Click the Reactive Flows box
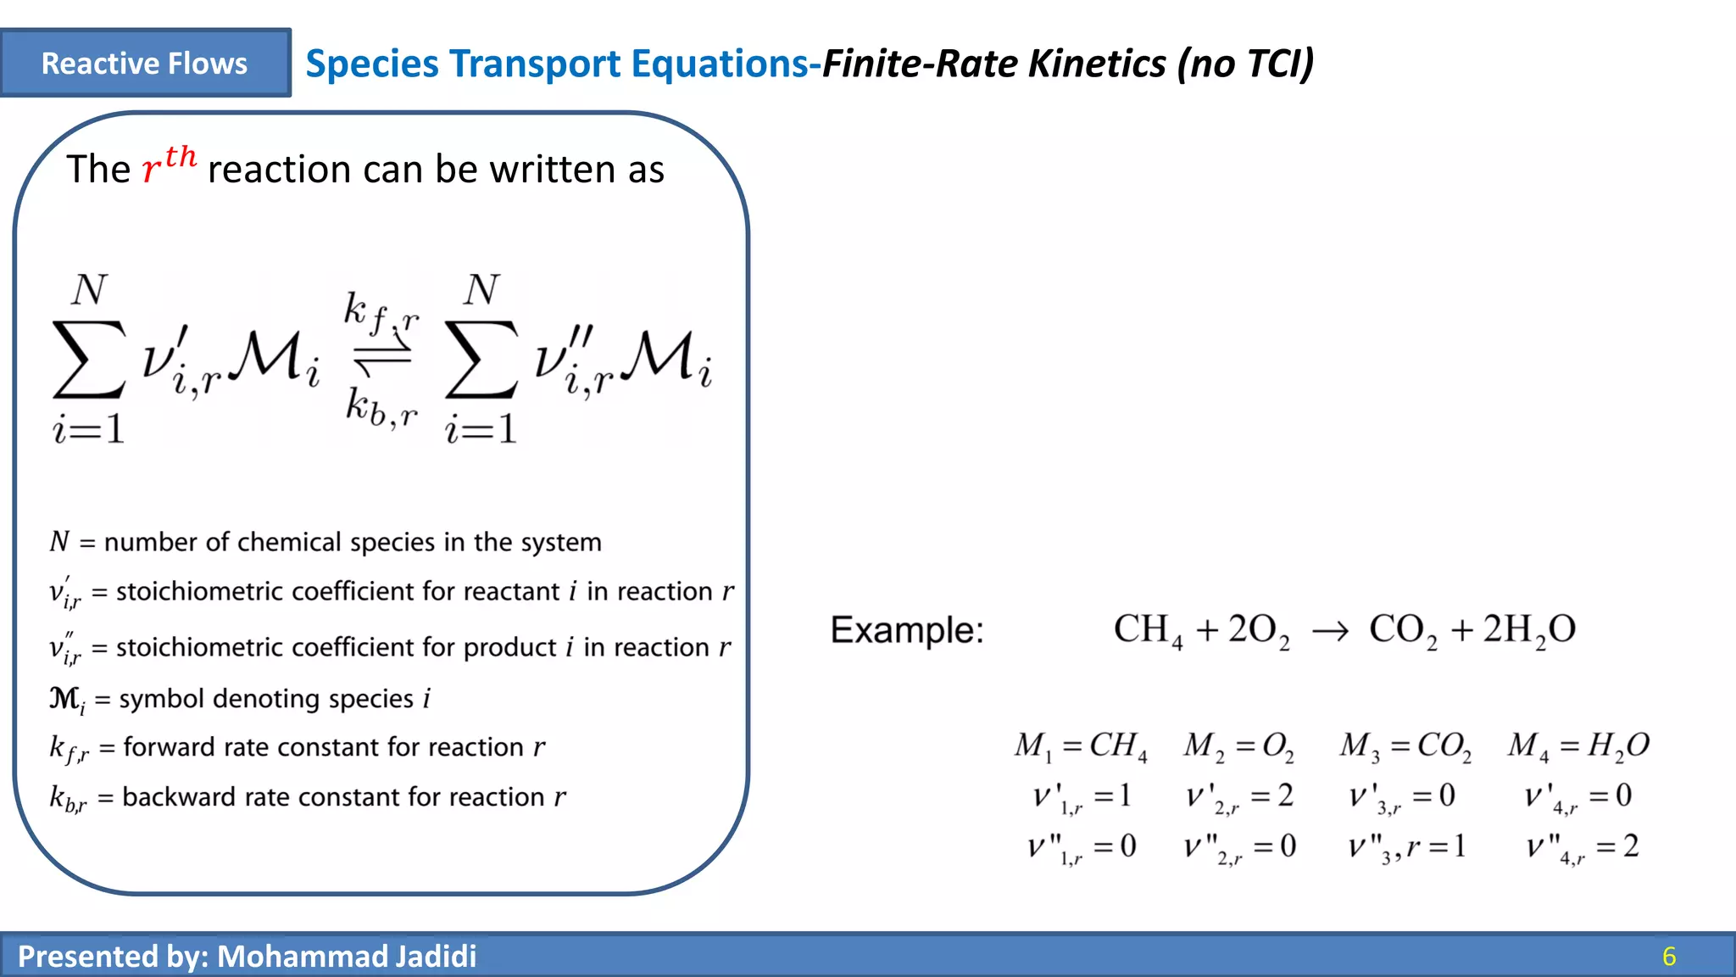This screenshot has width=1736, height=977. (x=145, y=64)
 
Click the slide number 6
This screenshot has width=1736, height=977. (x=1668, y=957)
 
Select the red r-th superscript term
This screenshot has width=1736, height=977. (x=170, y=165)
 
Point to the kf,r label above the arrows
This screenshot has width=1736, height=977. (x=381, y=312)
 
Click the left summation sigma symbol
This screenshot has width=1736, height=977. (x=88, y=360)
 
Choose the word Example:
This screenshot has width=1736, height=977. (x=906, y=630)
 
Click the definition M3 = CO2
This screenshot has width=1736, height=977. (x=1405, y=746)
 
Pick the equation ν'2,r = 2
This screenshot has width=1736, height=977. (x=1239, y=797)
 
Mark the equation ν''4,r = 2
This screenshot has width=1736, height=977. (x=1582, y=847)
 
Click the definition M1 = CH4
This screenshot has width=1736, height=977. (x=1081, y=746)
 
